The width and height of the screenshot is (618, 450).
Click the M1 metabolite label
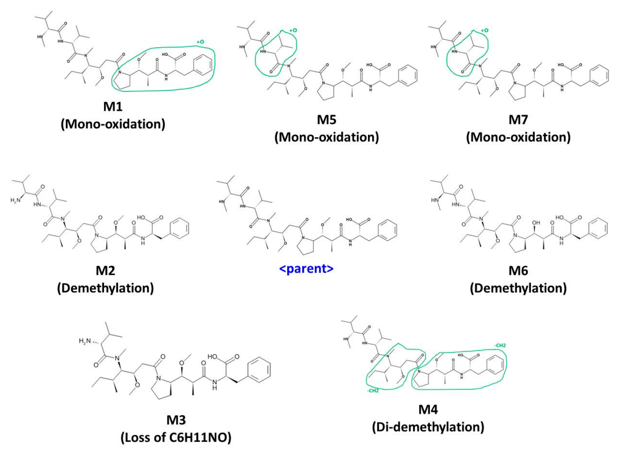pyautogui.click(x=113, y=106)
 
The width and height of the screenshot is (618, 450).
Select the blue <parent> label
pyautogui.click(x=306, y=269)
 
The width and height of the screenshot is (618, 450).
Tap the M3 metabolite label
pyautogui.click(x=176, y=420)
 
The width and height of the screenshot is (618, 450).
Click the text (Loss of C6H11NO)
pyautogui.click(x=176, y=437)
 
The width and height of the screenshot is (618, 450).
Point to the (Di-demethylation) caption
pyautogui.click(x=428, y=427)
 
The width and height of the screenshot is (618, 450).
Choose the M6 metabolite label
pyautogui.click(x=518, y=271)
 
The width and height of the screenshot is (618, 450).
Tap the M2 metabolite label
pyautogui.click(x=105, y=271)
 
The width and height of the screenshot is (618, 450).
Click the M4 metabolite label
pyautogui.click(x=428, y=409)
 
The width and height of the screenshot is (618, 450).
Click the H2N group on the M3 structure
pyautogui.click(x=84, y=341)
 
